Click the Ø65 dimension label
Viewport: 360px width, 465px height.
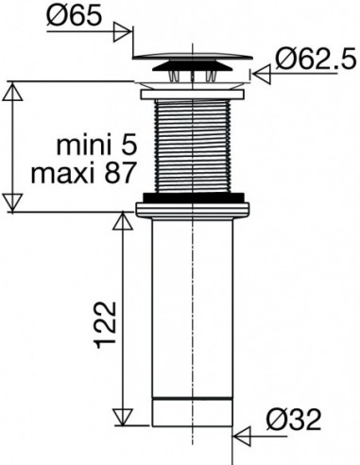click(75, 15)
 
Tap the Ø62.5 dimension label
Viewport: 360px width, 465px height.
click(316, 60)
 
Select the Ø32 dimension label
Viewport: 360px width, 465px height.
click(294, 420)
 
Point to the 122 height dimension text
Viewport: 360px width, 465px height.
click(106, 325)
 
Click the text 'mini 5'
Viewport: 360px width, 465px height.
click(96, 146)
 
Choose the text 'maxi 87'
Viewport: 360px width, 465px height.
click(83, 173)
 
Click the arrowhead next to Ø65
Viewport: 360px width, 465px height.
click(122, 31)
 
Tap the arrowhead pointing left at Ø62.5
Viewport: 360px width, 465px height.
click(262, 75)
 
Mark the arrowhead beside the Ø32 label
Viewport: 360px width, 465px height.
click(242, 437)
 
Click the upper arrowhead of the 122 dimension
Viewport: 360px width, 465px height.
click(123, 221)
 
